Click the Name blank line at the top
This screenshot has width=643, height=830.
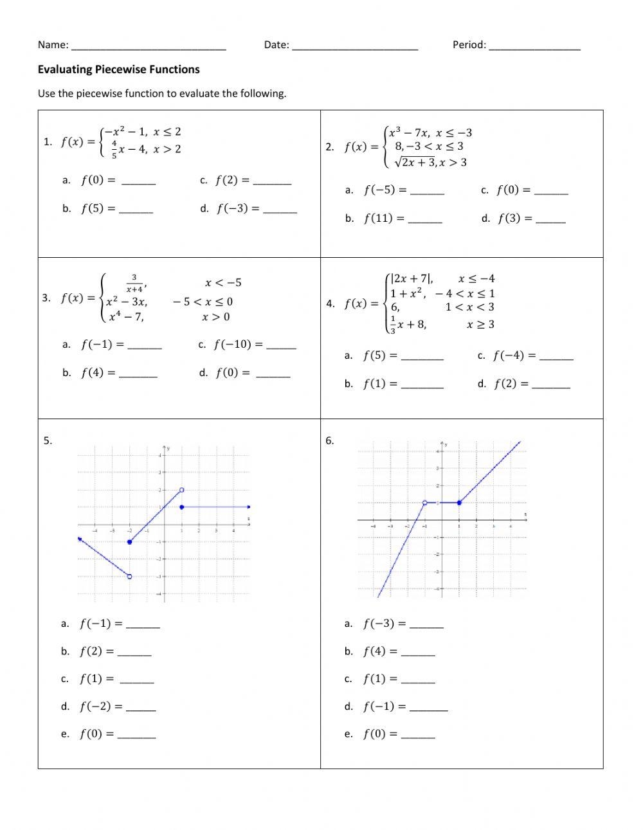coord(149,47)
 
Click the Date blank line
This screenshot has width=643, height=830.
coord(355,47)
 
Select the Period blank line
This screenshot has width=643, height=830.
coord(534,47)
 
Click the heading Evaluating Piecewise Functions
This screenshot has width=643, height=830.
coord(118,69)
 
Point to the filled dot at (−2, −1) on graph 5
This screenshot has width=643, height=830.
coord(130,542)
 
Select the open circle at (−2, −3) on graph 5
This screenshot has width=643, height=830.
coord(130,577)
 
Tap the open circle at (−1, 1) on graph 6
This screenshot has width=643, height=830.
coord(424,503)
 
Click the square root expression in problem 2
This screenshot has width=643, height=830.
coord(415,163)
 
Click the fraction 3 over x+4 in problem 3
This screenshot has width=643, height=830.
coord(134,283)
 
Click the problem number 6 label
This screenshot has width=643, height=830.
coord(329,440)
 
